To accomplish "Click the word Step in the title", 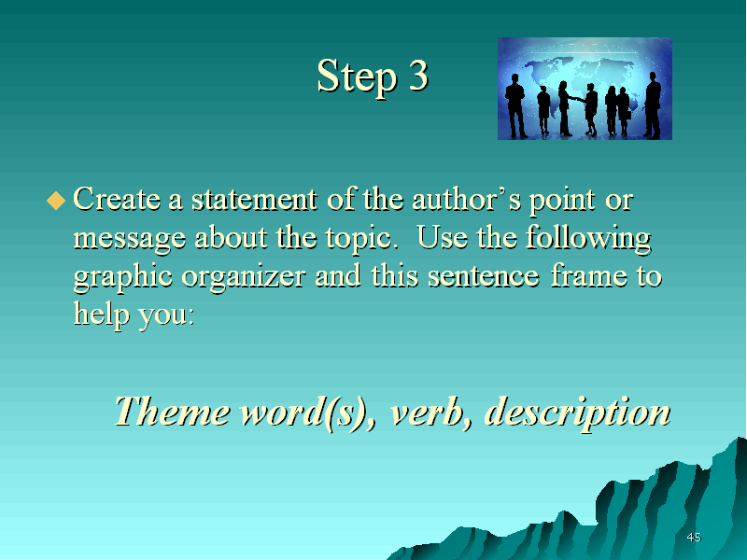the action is pos(358,77).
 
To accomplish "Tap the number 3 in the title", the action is pos(418,76).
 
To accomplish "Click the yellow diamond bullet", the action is pos(56,201).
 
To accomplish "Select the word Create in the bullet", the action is pos(117,199).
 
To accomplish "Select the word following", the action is pos(589,238).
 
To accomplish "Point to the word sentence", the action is pos(484,276).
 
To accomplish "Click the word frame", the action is pos(589,275).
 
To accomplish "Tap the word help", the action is pos(101,315).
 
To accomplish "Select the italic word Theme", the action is pos(172,412).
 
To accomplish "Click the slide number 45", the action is pos(694,538).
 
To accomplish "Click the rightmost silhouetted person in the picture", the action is pos(653,105).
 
